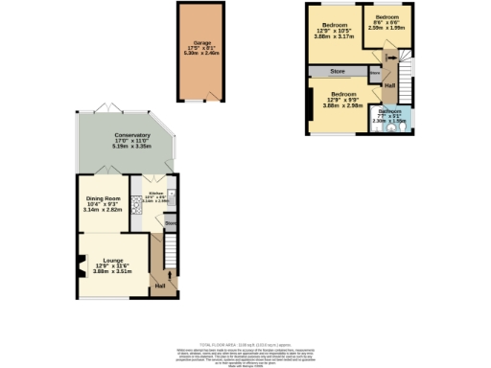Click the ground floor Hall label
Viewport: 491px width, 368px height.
tap(159, 287)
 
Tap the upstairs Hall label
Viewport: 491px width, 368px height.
tap(390, 84)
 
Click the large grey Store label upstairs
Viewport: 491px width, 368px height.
tap(338, 71)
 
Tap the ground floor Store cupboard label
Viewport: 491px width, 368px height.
tap(170, 223)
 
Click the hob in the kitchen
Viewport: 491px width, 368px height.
tap(134, 213)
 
